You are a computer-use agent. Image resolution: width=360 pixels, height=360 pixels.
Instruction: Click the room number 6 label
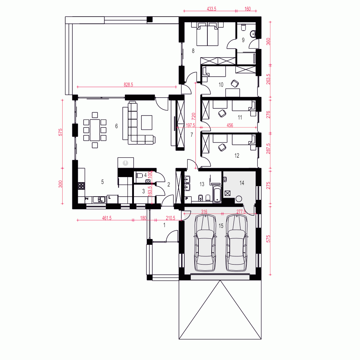pyautogui.click(x=116, y=126)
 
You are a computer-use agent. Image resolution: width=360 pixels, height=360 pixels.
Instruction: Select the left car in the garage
pyautogui.click(x=205, y=243)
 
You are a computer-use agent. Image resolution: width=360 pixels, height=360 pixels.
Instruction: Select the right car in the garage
pyautogui.click(x=237, y=243)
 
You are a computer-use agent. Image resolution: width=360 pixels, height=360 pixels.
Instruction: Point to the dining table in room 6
pyautogui.click(x=95, y=130)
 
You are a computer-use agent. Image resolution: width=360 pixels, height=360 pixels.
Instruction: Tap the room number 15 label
pyautogui.click(x=221, y=226)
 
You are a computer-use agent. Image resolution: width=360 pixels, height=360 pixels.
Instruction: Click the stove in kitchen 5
pyautogui.click(x=82, y=186)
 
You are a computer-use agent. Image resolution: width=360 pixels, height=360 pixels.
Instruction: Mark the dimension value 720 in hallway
pyautogui.click(x=193, y=116)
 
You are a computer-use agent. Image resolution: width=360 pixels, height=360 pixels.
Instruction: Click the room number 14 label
pyautogui.click(x=242, y=183)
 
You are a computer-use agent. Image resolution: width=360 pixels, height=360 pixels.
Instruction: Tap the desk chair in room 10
pyautogui.click(x=235, y=84)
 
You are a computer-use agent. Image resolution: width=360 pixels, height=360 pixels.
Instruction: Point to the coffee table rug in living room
pyautogui.click(x=147, y=122)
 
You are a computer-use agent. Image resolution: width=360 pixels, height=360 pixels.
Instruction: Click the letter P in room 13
pyautogui.click(x=187, y=198)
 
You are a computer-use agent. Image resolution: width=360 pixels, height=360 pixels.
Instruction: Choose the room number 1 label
pyautogui.click(x=165, y=225)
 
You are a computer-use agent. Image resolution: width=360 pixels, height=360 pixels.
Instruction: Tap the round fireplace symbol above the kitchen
pyautogui.click(x=125, y=163)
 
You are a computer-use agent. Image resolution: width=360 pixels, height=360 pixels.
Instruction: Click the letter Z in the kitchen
pyautogui.click(x=87, y=198)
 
